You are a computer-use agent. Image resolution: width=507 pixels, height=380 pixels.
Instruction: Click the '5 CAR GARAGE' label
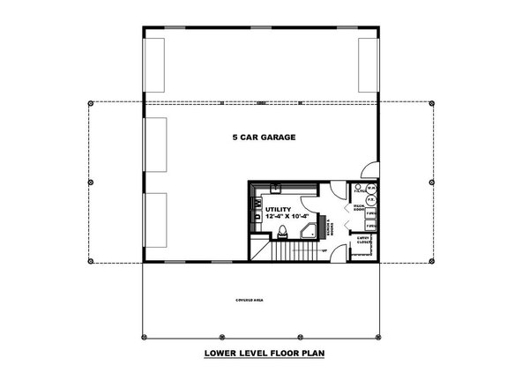tap(263, 138)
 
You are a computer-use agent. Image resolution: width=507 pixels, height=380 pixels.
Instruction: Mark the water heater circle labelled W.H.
tap(372, 189)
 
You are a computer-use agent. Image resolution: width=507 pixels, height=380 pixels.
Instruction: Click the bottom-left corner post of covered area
tap(143, 338)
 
